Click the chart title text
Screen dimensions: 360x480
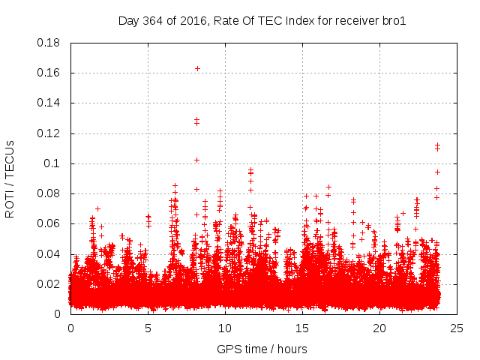pyautogui.click(x=262, y=20)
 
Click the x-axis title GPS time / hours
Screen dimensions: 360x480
pyautogui.click(x=262, y=349)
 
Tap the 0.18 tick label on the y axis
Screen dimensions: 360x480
pyautogui.click(x=49, y=43)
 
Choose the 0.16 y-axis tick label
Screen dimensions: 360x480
pyautogui.click(x=49, y=73)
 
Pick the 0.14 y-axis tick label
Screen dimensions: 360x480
pyautogui.click(x=49, y=103)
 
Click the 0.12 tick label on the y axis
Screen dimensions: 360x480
pyautogui.click(x=49, y=133)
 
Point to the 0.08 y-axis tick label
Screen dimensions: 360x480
pyautogui.click(x=49, y=193)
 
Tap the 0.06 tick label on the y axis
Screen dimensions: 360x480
pyautogui.click(x=49, y=223)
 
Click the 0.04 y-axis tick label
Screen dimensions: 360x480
pyautogui.click(x=49, y=254)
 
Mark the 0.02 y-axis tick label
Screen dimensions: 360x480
pyautogui.click(x=49, y=284)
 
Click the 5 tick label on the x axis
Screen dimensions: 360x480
pyautogui.click(x=148, y=328)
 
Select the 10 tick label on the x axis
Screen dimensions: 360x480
pyautogui.click(x=225, y=328)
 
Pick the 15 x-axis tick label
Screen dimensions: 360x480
pyautogui.click(x=302, y=328)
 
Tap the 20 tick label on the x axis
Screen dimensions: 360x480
pyautogui.click(x=379, y=328)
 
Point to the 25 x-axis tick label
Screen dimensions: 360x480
pyautogui.click(x=457, y=328)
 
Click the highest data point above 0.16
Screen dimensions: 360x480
pyautogui.click(x=197, y=68)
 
